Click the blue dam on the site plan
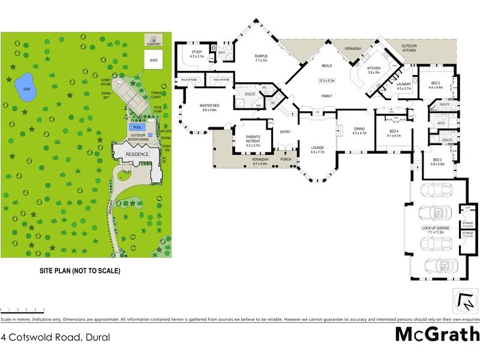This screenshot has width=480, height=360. click(x=25, y=88)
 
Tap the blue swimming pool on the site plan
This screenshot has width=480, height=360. click(x=137, y=127)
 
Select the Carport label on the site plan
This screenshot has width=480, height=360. click(x=154, y=44)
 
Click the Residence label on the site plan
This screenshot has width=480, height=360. click(x=136, y=154)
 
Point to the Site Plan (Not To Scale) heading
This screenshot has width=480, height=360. click(x=75, y=271)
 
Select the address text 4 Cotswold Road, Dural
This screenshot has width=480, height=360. click(x=56, y=337)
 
